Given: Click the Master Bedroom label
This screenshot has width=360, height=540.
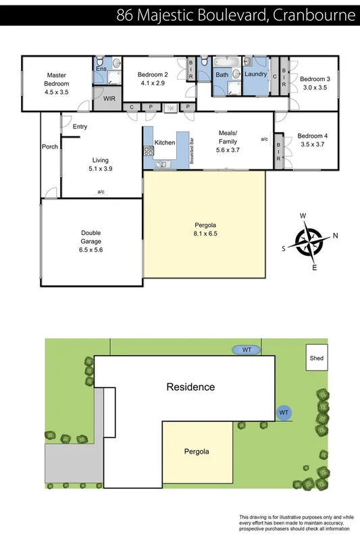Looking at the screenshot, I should point(56,80).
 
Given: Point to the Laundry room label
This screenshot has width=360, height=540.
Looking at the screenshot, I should point(256,74).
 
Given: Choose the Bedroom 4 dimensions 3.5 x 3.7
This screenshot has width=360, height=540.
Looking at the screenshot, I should point(311,144).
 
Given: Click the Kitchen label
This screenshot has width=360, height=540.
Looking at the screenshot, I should point(165,142).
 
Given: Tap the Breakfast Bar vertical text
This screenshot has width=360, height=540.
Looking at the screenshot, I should point(192,152).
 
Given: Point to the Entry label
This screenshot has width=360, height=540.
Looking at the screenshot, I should point(80,126).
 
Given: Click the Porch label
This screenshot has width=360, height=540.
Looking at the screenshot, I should point(49,146).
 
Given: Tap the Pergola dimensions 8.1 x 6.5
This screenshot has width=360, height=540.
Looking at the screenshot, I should point(203,234).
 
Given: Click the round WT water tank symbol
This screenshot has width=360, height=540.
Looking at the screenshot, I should point(284,411).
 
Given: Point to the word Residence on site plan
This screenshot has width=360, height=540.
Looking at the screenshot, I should point(191,387).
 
